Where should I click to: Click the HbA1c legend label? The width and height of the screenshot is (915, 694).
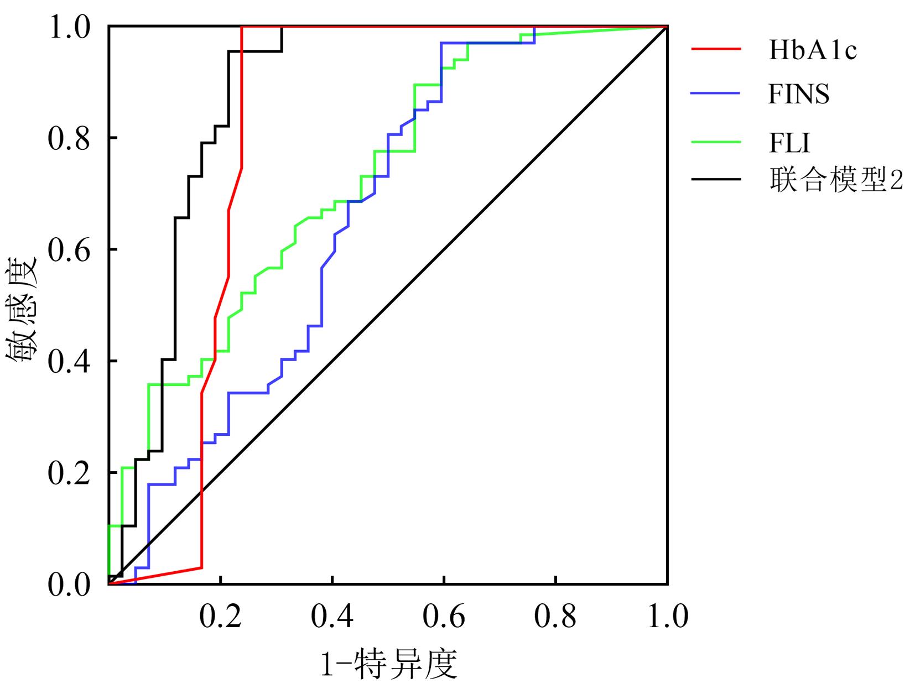click(812, 50)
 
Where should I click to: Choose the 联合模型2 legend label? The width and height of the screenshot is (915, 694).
click(835, 180)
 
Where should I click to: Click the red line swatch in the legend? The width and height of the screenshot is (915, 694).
click(716, 49)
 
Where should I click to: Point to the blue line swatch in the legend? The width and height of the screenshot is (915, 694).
click(716, 93)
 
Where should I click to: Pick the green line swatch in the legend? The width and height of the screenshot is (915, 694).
click(716, 142)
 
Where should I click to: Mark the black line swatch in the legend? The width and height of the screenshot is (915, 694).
click(716, 179)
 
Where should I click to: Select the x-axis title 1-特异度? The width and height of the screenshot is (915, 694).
click(389, 664)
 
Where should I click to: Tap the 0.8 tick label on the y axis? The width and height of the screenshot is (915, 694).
click(69, 138)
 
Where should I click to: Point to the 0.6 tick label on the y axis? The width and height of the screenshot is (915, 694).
click(69, 250)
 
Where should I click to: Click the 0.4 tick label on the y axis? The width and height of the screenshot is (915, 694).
click(69, 362)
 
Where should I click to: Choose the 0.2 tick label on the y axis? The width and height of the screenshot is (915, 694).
click(69, 473)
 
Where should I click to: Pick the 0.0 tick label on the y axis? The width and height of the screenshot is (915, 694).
click(69, 585)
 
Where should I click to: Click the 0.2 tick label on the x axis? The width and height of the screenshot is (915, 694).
click(220, 617)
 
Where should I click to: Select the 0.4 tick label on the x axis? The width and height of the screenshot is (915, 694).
click(332, 617)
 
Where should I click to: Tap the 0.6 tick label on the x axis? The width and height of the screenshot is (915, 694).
click(444, 617)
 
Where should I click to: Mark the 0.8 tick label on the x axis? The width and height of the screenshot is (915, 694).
click(555, 617)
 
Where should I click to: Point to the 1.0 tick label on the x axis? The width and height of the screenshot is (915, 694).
click(667, 617)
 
